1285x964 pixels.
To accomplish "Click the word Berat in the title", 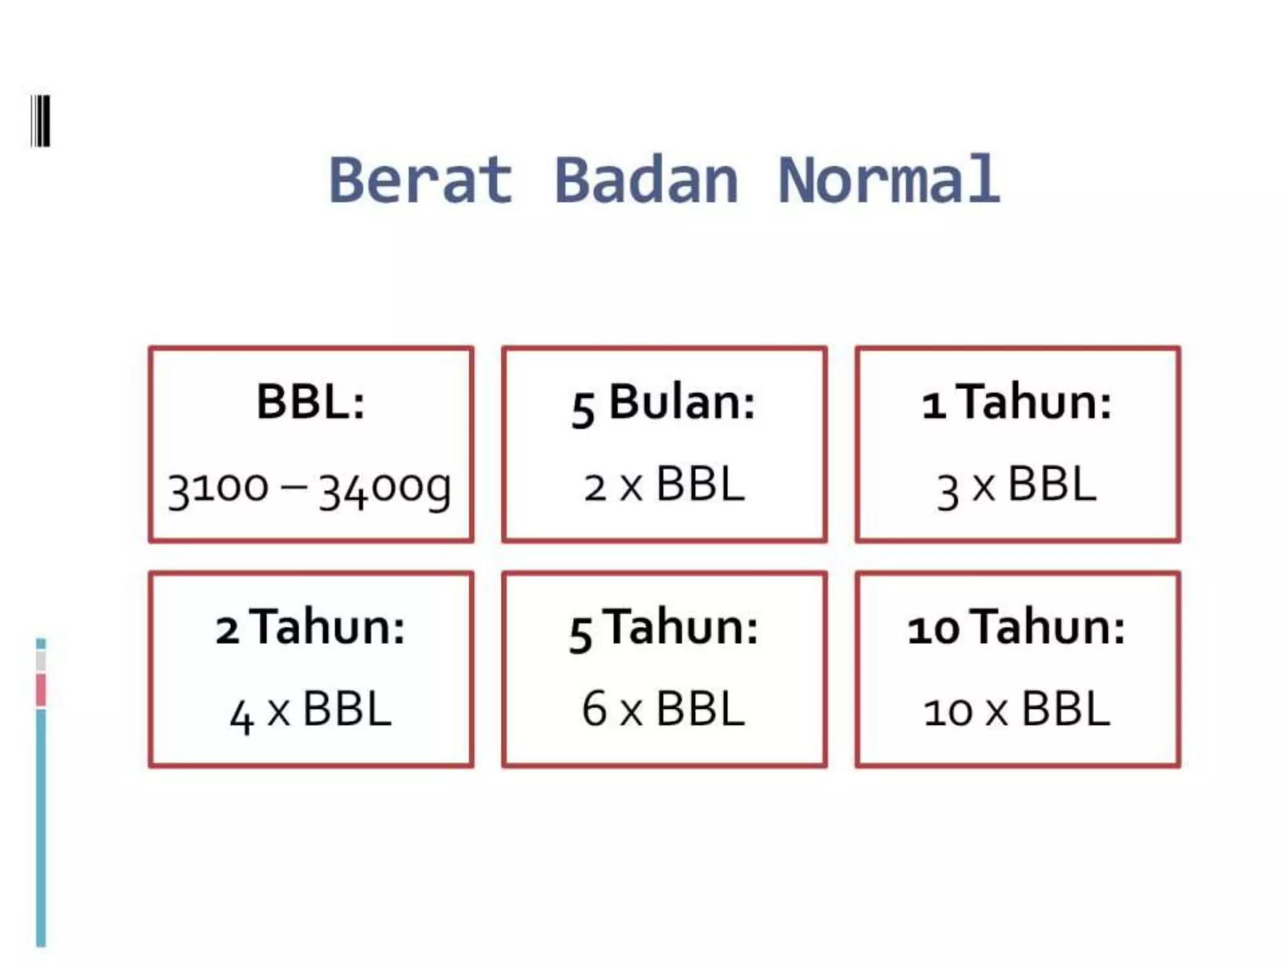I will point(420,181).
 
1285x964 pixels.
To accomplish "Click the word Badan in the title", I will point(646,181).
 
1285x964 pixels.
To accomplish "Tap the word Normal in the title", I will point(888,181).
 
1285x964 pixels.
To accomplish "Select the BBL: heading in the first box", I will point(311,402).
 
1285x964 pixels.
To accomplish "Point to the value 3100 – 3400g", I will point(310,488).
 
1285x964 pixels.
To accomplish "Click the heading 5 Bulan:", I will point(664,403).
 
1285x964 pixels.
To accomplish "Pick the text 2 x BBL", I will point(664,486).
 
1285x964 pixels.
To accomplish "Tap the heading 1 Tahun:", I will point(1017,403).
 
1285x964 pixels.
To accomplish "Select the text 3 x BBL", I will point(1017,487).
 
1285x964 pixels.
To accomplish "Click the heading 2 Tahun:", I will point(311,628).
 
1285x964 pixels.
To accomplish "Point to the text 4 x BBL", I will point(311,712).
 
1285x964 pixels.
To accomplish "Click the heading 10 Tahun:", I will point(1017,628).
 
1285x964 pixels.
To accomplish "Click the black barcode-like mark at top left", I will point(41,121).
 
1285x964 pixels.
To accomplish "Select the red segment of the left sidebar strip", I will point(41,690).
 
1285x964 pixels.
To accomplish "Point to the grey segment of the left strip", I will point(41,661).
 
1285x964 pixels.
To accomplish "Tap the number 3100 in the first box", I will point(218,488).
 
